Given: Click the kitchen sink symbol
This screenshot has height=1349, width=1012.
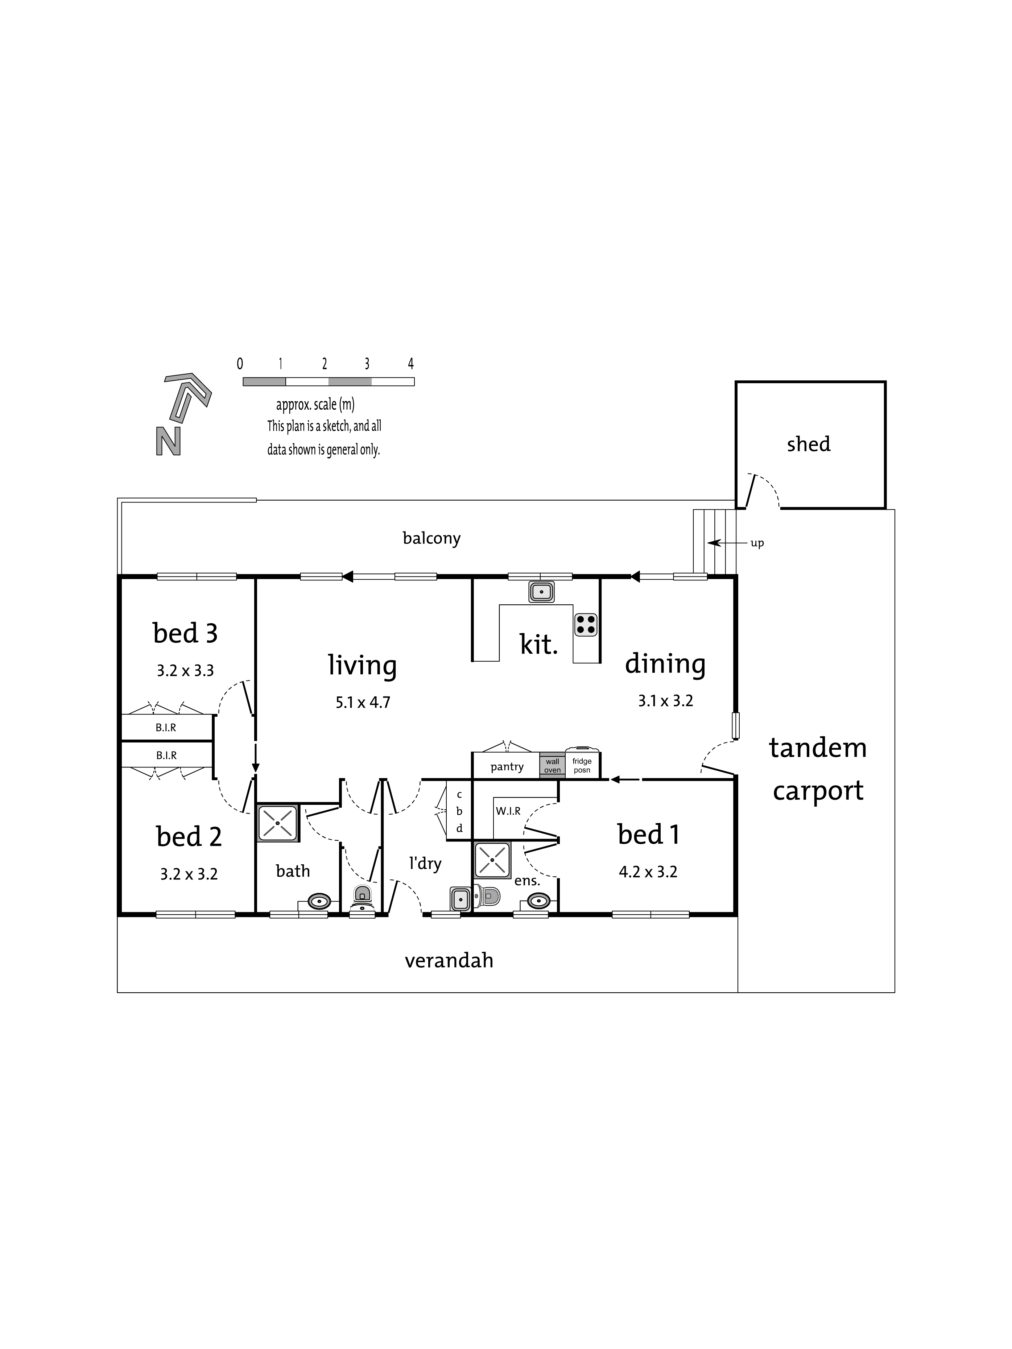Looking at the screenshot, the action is [x=541, y=592].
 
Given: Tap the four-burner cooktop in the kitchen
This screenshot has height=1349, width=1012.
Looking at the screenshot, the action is [x=586, y=625].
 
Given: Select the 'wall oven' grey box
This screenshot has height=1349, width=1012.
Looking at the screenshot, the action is [x=552, y=765].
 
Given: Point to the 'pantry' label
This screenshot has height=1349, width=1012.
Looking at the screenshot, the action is [x=507, y=767].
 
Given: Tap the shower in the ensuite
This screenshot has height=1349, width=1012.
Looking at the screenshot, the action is [x=492, y=860].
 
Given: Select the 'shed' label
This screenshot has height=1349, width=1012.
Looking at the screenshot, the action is [x=808, y=444].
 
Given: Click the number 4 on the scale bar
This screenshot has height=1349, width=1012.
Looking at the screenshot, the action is [x=410, y=364].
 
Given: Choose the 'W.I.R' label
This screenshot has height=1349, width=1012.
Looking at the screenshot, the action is [x=508, y=811].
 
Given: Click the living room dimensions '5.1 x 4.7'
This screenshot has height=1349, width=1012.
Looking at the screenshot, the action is [x=362, y=703].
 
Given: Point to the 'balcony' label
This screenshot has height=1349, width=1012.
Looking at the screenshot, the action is [x=431, y=538].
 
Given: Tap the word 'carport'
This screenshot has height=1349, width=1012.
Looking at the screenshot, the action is [x=818, y=791].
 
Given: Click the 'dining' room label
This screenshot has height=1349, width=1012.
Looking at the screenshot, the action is [x=665, y=664].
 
